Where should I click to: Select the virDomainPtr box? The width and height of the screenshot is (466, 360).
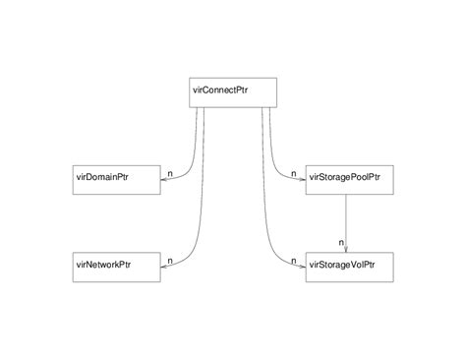pyautogui.click(x=116, y=178)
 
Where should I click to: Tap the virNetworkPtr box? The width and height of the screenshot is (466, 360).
pyautogui.click(x=116, y=266)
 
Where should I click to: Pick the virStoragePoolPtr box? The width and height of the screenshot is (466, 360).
pyautogui.click(x=347, y=178)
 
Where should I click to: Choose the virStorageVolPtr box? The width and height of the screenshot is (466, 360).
pyautogui.click(x=347, y=266)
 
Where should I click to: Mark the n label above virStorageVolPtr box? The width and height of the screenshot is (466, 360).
pyautogui.click(x=340, y=242)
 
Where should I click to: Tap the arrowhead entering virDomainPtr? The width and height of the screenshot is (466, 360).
pyautogui.click(x=163, y=178)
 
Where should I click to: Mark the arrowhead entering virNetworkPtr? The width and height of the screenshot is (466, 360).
pyautogui.click(x=163, y=266)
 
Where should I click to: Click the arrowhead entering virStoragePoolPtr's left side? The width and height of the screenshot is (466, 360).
pyautogui.click(x=300, y=178)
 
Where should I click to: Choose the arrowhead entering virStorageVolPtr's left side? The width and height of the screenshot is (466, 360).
pyautogui.click(x=300, y=266)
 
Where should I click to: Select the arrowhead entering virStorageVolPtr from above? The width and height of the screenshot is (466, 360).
pyautogui.click(x=347, y=248)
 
